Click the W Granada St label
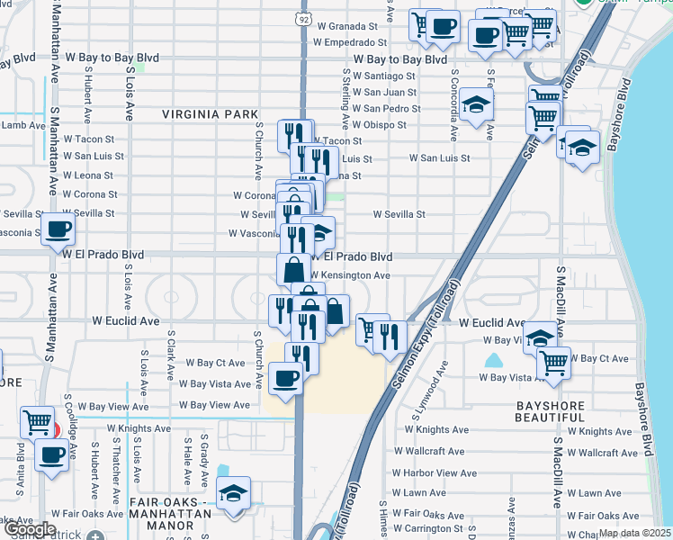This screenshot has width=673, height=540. pos(352,26)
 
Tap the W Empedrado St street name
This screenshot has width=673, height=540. pos(351,41)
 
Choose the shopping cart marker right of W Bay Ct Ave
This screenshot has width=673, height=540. pos(553,362)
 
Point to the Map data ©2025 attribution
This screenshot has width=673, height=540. pos(634,533)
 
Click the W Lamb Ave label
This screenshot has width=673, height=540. pos(22,125)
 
